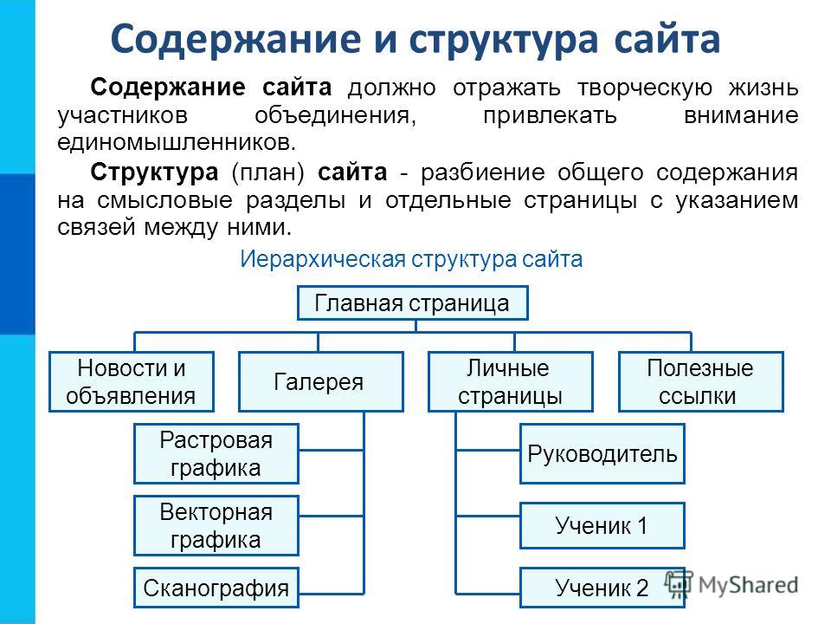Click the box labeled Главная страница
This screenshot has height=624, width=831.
click(412, 303)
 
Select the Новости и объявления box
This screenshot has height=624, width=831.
click(132, 381)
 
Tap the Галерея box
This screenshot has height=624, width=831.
click(320, 381)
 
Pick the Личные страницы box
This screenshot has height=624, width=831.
click(511, 381)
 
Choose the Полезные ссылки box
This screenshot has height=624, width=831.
click(700, 381)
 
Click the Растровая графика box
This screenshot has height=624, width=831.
click(216, 453)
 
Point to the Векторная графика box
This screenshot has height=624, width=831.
click(216, 526)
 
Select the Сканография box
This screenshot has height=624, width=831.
click(216, 588)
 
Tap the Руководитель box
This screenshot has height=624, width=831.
click(602, 453)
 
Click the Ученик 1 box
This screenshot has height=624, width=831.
click(602, 526)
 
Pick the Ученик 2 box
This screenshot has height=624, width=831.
click(602, 588)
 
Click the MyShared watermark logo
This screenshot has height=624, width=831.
click(731, 585)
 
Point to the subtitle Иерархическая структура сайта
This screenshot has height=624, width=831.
click(411, 259)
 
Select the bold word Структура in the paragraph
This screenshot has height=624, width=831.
click(154, 172)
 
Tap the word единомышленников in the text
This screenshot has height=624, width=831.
click(176, 143)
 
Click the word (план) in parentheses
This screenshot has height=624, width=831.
click(268, 173)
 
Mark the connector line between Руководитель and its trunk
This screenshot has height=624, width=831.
click(488, 451)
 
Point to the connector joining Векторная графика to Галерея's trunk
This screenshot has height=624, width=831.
click(332, 516)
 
